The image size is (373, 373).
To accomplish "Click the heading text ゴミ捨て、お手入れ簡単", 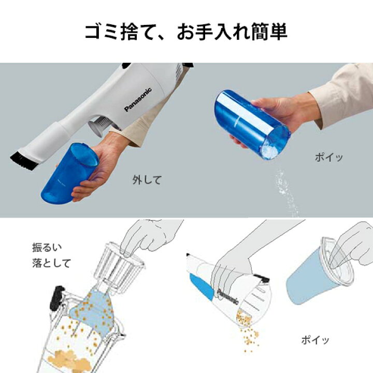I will coord(186,32).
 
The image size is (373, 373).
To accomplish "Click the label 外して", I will coord(147,180).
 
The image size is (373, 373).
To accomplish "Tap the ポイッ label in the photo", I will coord(329,157).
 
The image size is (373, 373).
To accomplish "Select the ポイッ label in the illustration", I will coord(315,340).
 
